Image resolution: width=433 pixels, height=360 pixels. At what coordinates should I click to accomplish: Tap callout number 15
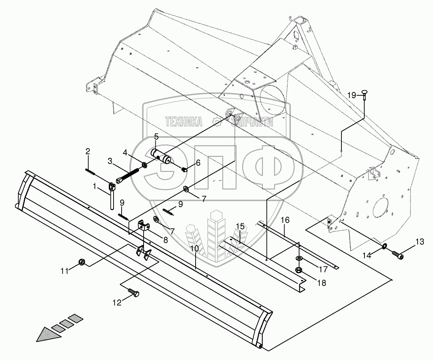click(x=240, y=226)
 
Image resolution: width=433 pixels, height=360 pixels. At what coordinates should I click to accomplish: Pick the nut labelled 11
click(x=82, y=262)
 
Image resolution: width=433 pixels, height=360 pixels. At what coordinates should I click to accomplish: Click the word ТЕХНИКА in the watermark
click(x=184, y=122)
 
